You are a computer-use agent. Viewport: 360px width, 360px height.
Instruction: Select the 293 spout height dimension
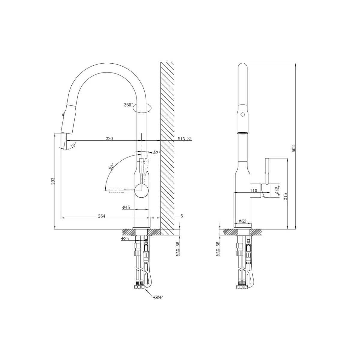click(x=53, y=181)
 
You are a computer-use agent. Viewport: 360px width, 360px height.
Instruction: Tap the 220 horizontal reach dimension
click(x=109, y=138)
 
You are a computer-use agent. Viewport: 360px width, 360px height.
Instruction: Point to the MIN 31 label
click(x=184, y=138)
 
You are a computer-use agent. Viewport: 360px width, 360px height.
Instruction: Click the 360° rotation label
click(x=128, y=105)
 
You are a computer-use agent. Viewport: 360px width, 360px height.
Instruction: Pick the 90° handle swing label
click(x=112, y=166)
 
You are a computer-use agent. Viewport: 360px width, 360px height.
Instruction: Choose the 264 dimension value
click(x=102, y=216)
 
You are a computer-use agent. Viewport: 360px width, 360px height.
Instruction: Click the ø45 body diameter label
click(x=126, y=207)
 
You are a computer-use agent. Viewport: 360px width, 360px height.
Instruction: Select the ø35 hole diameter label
click(x=125, y=238)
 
